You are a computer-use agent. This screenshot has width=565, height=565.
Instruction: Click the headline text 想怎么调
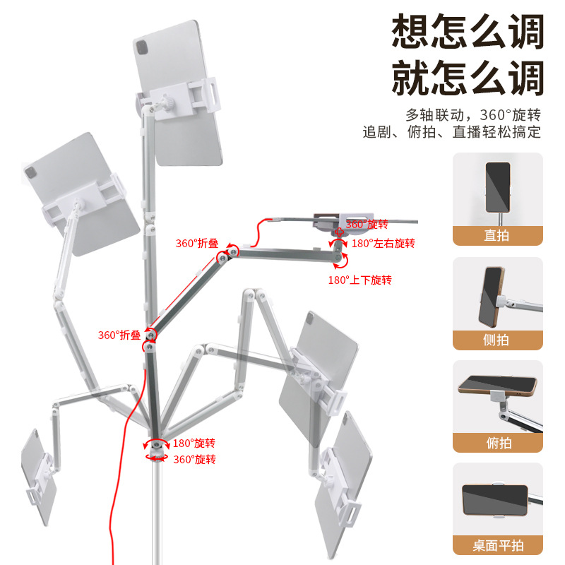(468, 32)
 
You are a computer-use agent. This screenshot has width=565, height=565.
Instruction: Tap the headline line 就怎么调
(468, 78)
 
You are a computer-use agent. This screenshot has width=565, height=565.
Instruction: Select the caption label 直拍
(497, 236)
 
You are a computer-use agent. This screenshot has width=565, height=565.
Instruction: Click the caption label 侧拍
(497, 340)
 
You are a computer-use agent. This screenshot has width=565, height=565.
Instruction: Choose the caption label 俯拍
(497, 444)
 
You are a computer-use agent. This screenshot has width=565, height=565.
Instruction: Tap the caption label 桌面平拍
(497, 546)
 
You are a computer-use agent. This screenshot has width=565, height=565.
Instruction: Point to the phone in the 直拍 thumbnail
(497, 182)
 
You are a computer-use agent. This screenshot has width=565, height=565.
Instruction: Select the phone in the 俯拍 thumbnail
(496, 386)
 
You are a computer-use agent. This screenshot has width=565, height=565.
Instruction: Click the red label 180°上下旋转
(359, 280)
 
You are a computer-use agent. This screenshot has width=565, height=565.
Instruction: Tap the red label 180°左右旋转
(383, 244)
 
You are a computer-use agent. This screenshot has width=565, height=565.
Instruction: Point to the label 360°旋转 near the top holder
(367, 224)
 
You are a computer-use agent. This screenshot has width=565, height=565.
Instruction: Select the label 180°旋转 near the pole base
(194, 444)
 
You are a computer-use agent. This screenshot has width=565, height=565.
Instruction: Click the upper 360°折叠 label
(196, 244)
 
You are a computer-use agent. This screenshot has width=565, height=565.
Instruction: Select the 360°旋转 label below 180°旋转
(194, 459)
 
